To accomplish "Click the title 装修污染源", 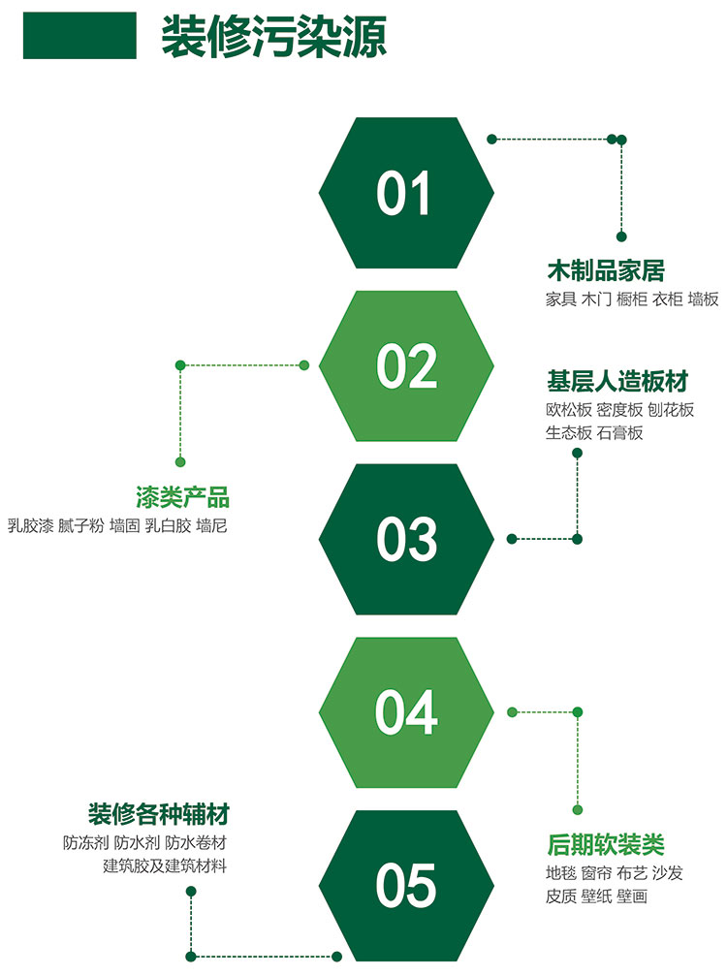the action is click(273, 37).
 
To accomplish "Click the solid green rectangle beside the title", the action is click(79, 36).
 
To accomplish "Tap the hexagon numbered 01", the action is click(406, 193).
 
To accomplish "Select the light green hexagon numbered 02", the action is click(406, 366).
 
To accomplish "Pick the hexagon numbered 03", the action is click(406, 539).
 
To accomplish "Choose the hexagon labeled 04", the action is click(406, 712).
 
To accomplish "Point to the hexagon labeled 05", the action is click(406, 886).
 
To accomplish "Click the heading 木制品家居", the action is click(606, 271).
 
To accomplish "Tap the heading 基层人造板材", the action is click(617, 381).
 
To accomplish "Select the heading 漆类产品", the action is click(183, 497).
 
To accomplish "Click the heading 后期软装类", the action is click(606, 844).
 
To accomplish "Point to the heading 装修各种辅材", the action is click(159, 814).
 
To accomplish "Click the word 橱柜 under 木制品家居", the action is click(632, 299).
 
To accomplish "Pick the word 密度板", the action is click(619, 410).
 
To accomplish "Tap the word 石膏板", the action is click(619, 433).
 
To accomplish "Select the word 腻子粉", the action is click(80, 526).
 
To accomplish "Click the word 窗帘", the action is click(596, 873).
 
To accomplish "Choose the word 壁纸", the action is click(596, 896).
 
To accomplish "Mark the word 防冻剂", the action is click(86, 842).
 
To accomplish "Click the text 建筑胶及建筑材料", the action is click(165, 865).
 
